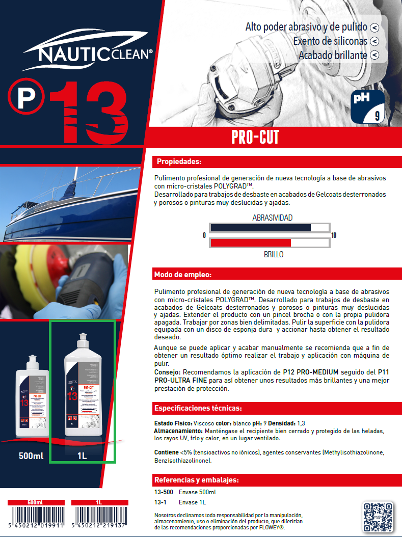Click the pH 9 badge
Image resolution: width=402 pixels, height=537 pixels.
368,106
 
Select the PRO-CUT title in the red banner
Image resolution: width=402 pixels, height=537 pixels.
255,138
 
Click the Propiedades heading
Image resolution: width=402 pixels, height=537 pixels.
179,162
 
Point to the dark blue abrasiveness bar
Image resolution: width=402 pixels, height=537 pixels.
260,227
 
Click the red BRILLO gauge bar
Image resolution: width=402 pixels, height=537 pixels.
250,243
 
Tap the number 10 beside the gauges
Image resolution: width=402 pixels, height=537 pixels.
334,235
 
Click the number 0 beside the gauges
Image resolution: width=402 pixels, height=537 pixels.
204,235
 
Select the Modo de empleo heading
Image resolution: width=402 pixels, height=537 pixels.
182,275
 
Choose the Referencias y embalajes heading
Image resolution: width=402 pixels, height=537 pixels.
196,480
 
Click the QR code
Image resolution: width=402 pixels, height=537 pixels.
379,517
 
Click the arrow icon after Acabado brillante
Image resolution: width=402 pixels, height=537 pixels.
374,55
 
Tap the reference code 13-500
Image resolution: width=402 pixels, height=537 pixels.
164,492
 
